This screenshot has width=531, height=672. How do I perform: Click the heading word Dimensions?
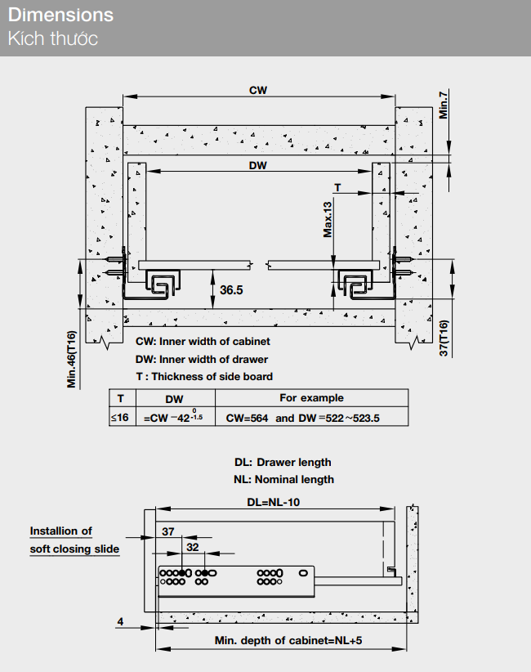coord(61,16)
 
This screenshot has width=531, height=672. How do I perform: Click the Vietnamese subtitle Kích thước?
coord(52,38)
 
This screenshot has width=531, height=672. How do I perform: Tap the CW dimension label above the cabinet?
coord(258,90)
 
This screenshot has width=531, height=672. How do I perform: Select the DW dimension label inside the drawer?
coord(258,164)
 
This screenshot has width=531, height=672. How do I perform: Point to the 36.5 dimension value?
coord(231,289)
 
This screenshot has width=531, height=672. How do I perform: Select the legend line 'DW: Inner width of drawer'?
coord(201,359)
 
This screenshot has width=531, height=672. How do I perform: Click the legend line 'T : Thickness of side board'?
coord(204,376)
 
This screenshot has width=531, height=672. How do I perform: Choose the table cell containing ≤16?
coord(120,418)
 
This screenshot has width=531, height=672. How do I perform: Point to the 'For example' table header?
coord(311,398)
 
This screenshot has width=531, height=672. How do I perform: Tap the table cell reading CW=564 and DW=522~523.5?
coord(303,418)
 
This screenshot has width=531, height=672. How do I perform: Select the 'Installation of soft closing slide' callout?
coord(74,540)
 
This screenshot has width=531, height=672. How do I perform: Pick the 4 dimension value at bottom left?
coord(120,622)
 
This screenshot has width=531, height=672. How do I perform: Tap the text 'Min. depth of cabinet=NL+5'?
coord(282,640)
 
